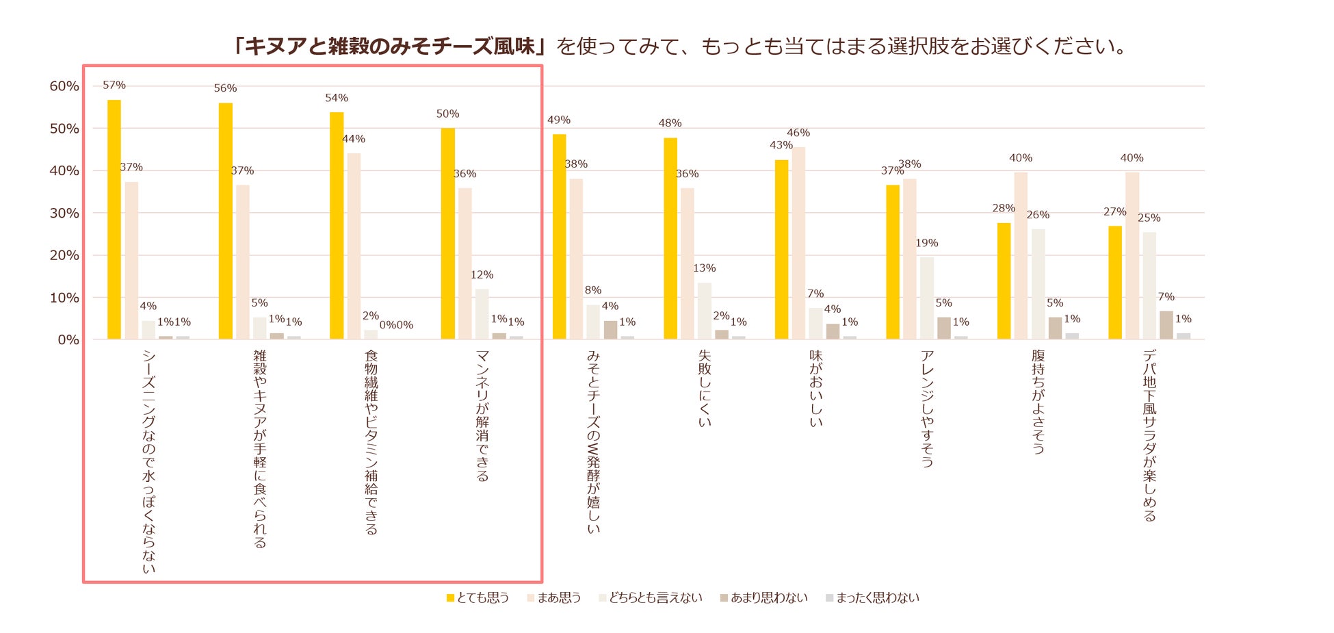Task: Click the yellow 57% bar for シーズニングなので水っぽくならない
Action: coord(114,219)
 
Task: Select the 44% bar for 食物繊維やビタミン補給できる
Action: coord(354,246)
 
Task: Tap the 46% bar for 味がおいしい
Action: coord(798,243)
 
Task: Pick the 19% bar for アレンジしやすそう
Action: coord(927,298)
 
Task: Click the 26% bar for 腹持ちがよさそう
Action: coord(1038,283)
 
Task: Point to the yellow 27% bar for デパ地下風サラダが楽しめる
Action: coord(1115,282)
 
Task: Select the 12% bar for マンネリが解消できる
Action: coord(482,313)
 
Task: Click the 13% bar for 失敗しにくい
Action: coord(705,311)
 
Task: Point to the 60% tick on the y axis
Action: coord(64,86)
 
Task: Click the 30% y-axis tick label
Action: coord(64,213)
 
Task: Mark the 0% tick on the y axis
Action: coord(68,339)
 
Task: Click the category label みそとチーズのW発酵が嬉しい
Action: coord(593,441)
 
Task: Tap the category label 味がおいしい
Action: coord(816,388)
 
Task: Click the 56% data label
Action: coord(225,88)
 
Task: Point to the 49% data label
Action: coord(559,120)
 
